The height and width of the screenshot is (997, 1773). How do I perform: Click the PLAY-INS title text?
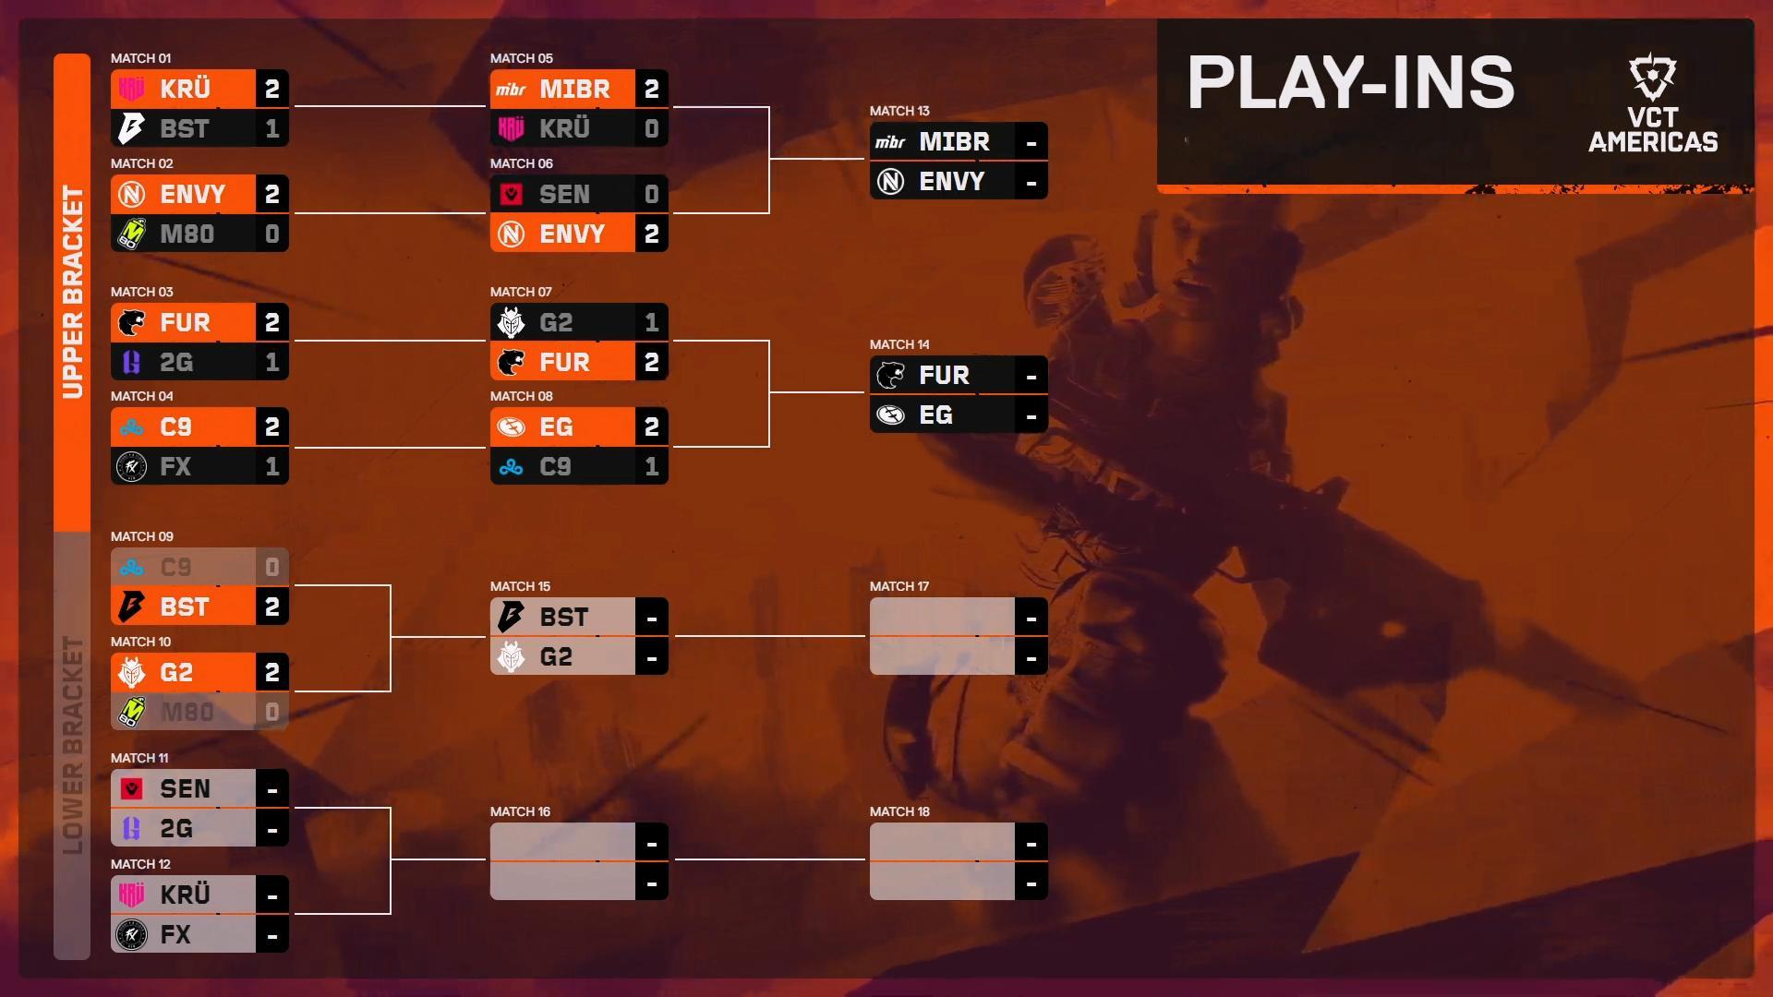point(1350,82)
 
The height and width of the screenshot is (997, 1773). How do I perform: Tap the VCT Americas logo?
point(1653,103)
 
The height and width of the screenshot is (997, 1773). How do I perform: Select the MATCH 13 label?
point(899,111)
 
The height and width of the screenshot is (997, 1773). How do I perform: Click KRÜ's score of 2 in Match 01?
point(271,89)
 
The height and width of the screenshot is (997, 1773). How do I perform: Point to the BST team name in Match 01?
point(185,129)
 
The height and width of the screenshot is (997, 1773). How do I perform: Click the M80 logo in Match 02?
point(131,234)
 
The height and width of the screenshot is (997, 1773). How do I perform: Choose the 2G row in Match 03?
point(199,362)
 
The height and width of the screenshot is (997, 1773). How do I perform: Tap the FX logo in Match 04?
point(131,467)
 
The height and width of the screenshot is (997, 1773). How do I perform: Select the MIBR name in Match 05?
point(574,90)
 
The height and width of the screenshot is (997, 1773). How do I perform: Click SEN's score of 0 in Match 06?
point(651,194)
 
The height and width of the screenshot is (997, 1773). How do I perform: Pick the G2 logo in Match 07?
point(511,322)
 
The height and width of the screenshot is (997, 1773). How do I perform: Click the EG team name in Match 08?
point(556,427)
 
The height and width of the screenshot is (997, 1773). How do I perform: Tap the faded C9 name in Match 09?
point(175,567)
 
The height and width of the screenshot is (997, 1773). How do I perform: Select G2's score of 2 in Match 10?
point(271,672)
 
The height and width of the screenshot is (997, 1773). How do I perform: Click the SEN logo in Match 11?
point(131,788)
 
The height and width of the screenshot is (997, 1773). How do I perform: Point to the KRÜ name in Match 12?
point(185,895)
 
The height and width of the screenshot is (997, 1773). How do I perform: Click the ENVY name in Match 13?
point(951,182)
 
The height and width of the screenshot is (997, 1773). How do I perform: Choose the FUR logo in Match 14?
point(890,375)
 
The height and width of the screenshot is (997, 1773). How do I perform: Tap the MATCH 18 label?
point(899,811)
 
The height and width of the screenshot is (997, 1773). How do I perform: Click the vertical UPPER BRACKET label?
point(72,292)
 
